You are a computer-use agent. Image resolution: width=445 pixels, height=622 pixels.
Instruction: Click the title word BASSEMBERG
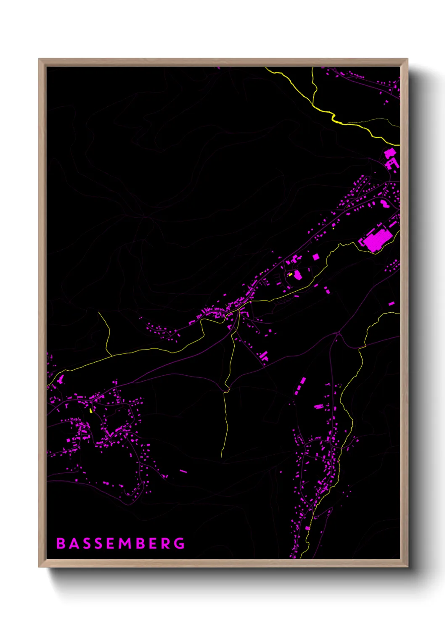[x=121, y=543]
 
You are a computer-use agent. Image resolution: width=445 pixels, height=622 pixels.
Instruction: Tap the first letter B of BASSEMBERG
[x=61, y=543]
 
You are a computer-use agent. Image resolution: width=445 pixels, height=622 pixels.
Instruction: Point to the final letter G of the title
[x=180, y=543]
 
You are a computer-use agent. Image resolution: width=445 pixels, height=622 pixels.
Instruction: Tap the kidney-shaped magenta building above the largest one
[x=384, y=204]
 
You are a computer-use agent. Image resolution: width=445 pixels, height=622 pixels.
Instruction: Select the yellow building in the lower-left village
[x=91, y=410]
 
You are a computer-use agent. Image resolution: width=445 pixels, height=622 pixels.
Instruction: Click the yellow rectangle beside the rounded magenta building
[x=290, y=274]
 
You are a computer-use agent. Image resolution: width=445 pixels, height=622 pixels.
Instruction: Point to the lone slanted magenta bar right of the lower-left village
[x=183, y=472]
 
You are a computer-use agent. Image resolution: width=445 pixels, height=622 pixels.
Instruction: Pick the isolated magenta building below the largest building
[x=392, y=303]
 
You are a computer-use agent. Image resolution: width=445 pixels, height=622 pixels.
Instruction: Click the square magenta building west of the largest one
[x=315, y=257]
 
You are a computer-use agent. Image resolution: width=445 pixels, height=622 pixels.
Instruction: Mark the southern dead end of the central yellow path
[x=221, y=457]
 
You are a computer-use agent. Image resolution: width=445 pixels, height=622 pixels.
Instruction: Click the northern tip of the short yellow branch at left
[x=99, y=312]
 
